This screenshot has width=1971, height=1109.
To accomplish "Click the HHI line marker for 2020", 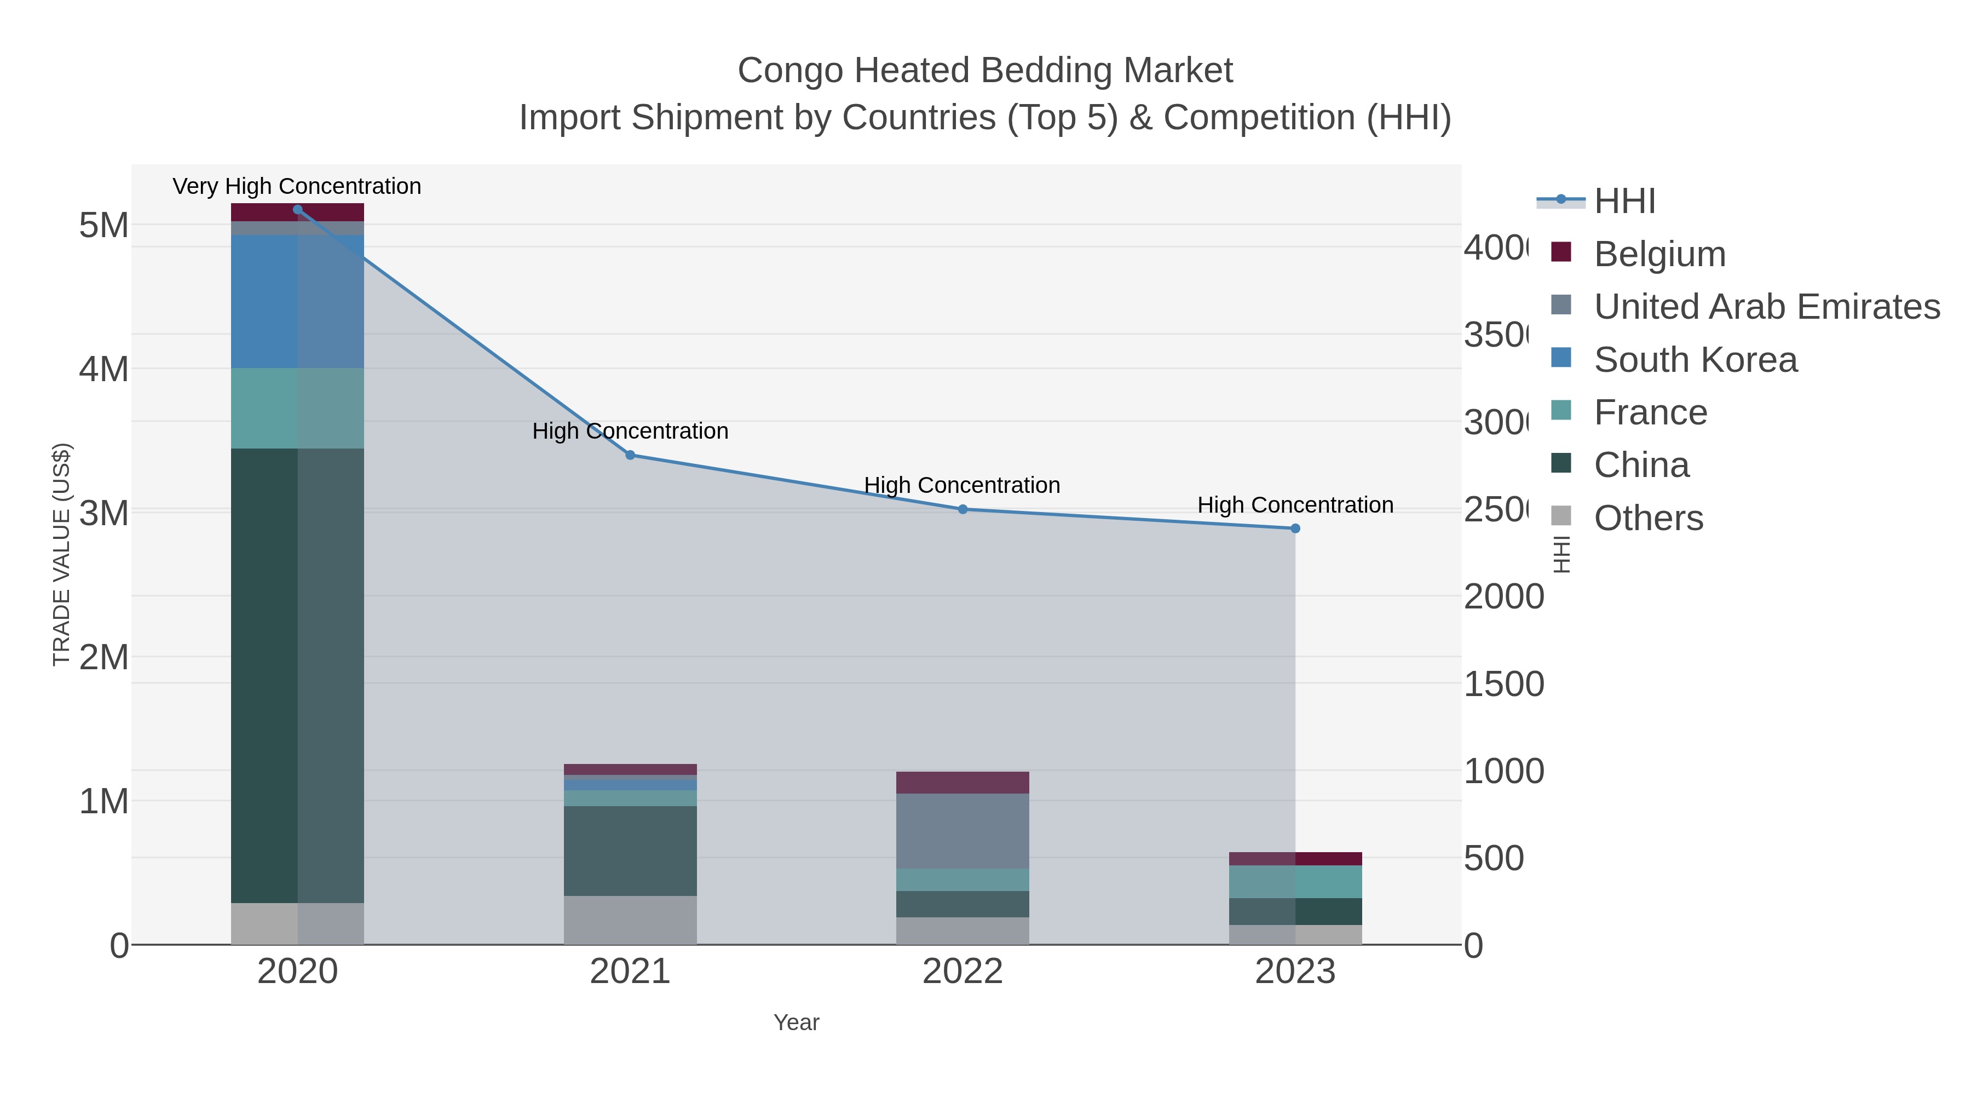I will tap(298, 210).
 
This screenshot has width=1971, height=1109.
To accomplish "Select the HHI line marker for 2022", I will tap(963, 509).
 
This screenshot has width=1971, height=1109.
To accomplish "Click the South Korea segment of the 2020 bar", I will tap(298, 302).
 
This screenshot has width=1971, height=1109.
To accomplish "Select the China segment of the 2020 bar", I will tap(298, 675).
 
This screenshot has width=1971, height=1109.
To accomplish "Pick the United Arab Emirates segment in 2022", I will tap(963, 831).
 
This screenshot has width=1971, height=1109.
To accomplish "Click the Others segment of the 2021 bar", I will tap(631, 920).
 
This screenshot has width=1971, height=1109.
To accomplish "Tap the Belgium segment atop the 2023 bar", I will tap(1295, 859).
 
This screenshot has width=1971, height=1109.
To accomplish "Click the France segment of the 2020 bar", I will tap(298, 408).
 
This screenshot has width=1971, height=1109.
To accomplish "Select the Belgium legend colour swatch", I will tap(1561, 252).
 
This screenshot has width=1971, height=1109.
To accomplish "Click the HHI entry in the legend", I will tap(1624, 202).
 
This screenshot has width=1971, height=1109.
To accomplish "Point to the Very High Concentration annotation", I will tap(297, 187).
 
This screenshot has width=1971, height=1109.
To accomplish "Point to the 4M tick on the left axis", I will tap(104, 370).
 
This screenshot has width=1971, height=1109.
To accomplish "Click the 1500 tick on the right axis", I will tap(1503, 684).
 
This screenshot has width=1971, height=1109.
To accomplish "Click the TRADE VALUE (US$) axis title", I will tap(61, 554).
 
